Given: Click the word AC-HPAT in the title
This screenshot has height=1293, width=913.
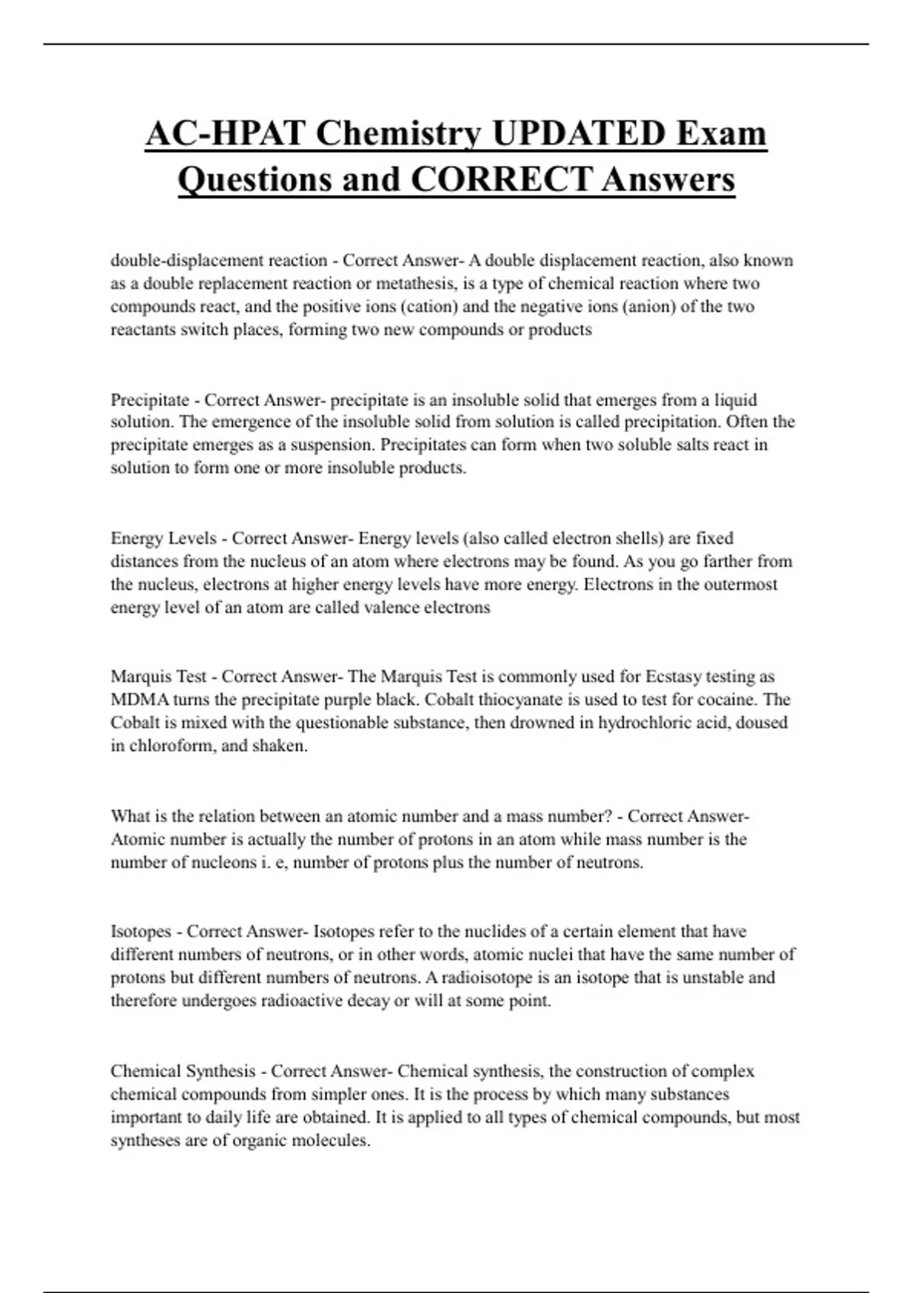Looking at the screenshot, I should click(x=225, y=134).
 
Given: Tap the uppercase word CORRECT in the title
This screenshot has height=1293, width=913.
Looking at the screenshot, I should click(x=501, y=180).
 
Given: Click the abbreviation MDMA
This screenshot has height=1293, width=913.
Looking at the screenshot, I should click(x=139, y=700).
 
